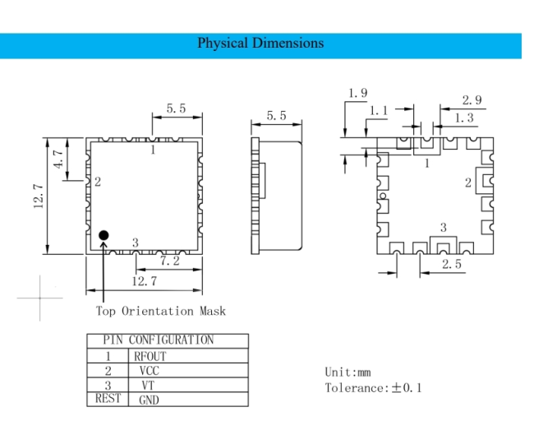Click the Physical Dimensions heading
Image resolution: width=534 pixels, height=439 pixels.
pyautogui.click(x=260, y=44)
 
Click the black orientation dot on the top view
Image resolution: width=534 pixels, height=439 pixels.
pyautogui.click(x=104, y=235)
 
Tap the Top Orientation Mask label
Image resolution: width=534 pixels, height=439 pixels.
pyautogui.click(x=161, y=311)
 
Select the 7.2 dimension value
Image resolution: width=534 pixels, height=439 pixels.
pyautogui.click(x=169, y=261)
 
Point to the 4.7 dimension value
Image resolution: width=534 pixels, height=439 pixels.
pyautogui.click(x=59, y=159)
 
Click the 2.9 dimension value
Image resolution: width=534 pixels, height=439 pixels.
pyautogui.click(x=472, y=99)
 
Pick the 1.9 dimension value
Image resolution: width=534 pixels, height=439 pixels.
pyautogui.click(x=358, y=93)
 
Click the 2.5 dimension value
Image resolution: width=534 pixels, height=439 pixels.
pyautogui.click(x=452, y=264)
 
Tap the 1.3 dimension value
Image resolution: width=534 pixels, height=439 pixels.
pyautogui.click(x=464, y=118)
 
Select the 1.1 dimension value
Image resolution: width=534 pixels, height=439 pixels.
pyautogui.click(x=379, y=110)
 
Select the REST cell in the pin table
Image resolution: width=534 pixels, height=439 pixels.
pyautogui.click(x=108, y=398)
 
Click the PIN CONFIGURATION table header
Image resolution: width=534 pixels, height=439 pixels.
pyautogui.click(x=159, y=340)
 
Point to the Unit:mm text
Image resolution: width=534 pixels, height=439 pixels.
pyautogui.click(x=348, y=372)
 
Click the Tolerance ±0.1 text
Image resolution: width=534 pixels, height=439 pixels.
pyautogui.click(x=373, y=388)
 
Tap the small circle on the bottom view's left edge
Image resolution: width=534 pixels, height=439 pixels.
pyautogui.click(x=383, y=196)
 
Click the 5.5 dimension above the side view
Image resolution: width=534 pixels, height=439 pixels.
pyautogui.click(x=276, y=116)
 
